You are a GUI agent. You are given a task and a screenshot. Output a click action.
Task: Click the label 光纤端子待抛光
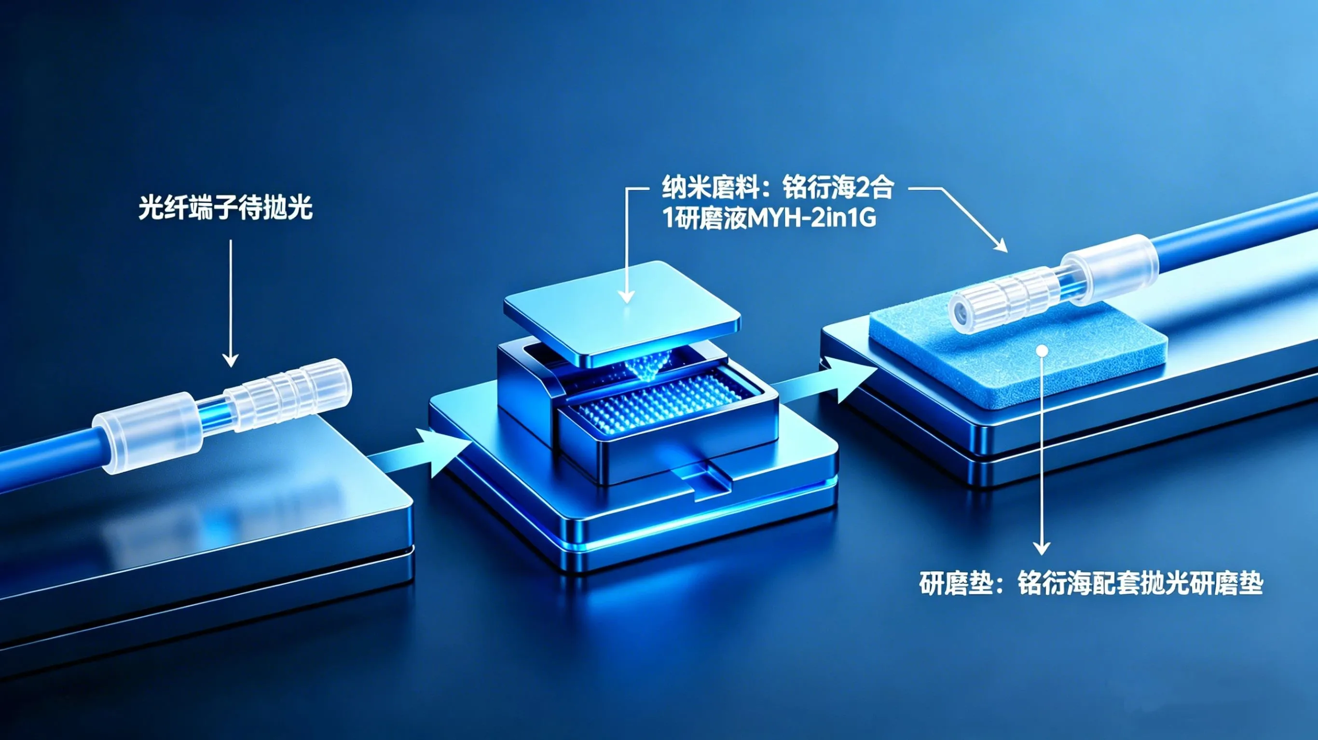(x=225, y=209)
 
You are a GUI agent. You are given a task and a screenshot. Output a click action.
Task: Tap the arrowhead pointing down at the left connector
(x=231, y=360)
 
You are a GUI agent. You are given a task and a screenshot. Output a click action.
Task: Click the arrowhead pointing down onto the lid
(x=626, y=296)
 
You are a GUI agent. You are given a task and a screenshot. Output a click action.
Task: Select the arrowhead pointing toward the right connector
(x=1000, y=245)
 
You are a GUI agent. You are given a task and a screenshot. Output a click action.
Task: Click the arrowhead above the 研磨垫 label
(x=1042, y=548)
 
